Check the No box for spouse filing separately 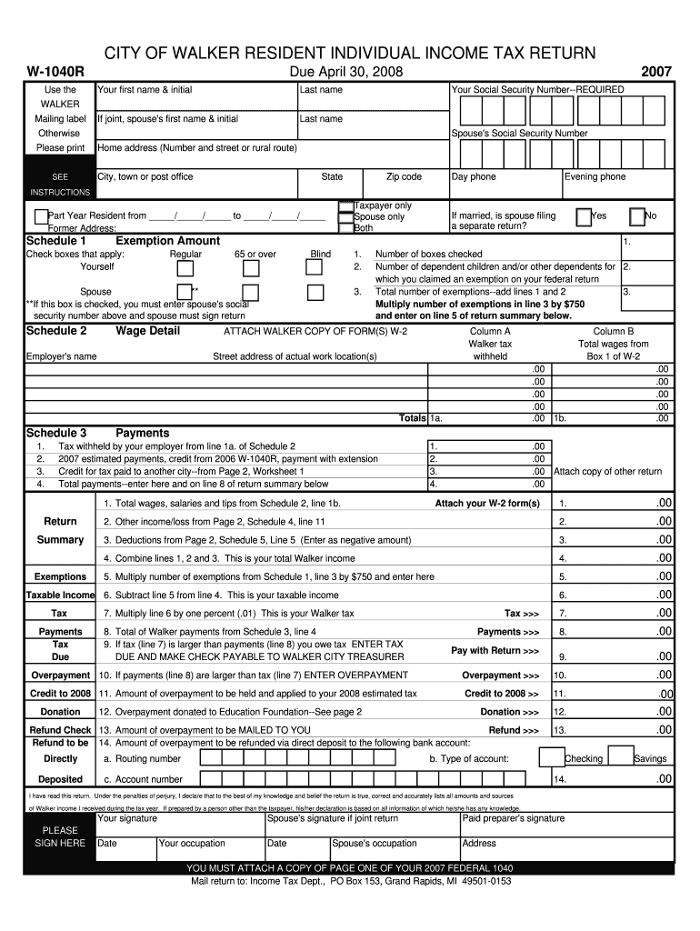click(637, 216)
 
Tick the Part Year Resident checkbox click(41, 216)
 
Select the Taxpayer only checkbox click(345, 206)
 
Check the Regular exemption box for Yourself click(185, 268)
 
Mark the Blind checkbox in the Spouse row click(315, 292)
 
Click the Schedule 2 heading click(56, 331)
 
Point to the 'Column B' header click(614, 332)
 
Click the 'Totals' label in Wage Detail click(412, 418)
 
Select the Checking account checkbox click(550, 757)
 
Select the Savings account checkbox click(620, 757)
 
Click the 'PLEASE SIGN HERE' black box click(60, 836)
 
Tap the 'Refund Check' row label click(60, 730)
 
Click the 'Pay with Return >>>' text click(495, 651)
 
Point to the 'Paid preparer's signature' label click(513, 818)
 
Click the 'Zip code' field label click(404, 177)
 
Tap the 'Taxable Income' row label click(60, 595)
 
